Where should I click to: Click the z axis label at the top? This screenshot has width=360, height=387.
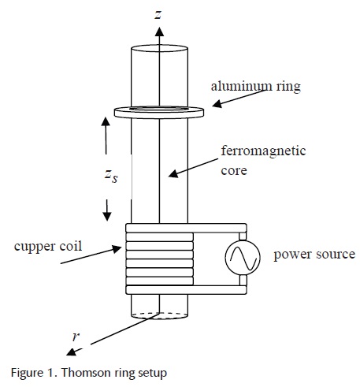[x=158, y=15]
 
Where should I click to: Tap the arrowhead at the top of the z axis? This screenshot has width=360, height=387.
[x=159, y=32]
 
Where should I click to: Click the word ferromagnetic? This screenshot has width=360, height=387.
[x=263, y=151]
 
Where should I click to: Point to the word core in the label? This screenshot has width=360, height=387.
[x=234, y=171]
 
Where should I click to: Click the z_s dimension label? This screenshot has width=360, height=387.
[x=111, y=176]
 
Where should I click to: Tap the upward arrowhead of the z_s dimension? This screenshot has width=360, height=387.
[x=106, y=121]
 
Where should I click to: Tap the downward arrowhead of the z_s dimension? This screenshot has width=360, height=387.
[x=106, y=216]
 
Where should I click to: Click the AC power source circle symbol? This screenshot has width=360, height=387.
[x=243, y=258]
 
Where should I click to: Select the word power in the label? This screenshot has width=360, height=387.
[x=293, y=255]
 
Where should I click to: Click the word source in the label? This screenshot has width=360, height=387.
[x=336, y=255]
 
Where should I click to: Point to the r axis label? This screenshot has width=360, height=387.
[x=76, y=337]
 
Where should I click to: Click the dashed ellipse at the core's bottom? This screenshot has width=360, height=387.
[x=159, y=315]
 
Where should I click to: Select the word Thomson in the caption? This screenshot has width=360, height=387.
[x=87, y=373]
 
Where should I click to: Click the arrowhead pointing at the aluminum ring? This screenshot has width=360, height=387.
[x=217, y=104]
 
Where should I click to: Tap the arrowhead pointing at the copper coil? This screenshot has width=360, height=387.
[x=117, y=249]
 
